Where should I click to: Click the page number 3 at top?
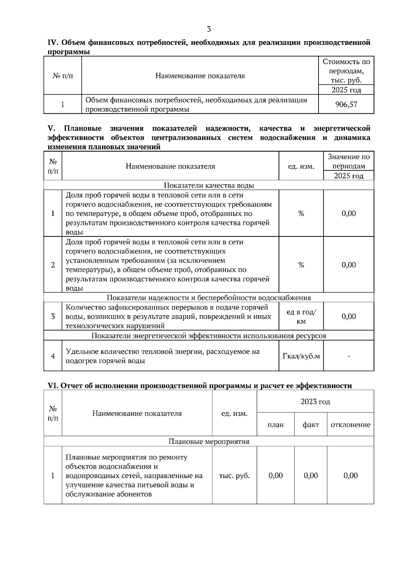tap(209, 29)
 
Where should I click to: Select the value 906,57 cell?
tap(346, 105)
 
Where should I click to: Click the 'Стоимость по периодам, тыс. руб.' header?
tap(346, 71)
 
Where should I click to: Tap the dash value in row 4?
tap(348, 356)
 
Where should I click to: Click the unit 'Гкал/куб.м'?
tap(301, 356)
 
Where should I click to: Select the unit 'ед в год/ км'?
tap(301, 317)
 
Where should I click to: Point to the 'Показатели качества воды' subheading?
tap(209, 185)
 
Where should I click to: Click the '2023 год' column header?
tap(315, 402)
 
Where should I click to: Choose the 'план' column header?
tap(276, 424)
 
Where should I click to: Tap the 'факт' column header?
tap(311, 424)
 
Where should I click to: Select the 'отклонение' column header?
tap(350, 424)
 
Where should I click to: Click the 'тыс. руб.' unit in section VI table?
tap(234, 475)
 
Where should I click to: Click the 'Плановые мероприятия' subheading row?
tap(209, 441)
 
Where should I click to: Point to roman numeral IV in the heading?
tap(53, 43)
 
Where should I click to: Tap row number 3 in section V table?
tap(53, 317)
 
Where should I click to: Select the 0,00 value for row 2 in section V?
tap(348, 265)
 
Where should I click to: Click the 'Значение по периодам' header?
tap(348, 161)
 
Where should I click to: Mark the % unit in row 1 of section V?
tap(301, 213)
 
